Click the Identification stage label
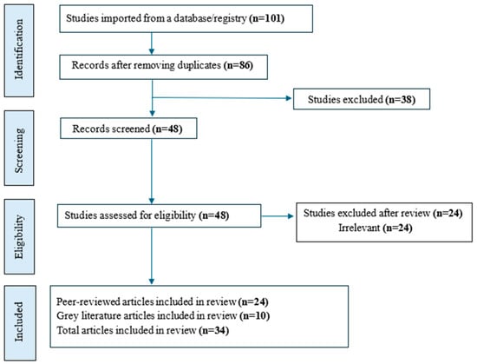(x=19, y=49)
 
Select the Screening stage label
(x=19, y=150)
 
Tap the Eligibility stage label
(x=19, y=236)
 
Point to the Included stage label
(x=19, y=321)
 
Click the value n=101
(x=267, y=18)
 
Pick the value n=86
(x=238, y=65)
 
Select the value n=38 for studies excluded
(x=401, y=99)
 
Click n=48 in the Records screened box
(x=167, y=129)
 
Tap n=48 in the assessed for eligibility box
(x=214, y=215)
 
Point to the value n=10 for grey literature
(x=255, y=316)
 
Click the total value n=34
(x=214, y=330)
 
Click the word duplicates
(x=199, y=65)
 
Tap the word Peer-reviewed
(x=88, y=301)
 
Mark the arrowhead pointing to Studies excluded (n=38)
(x=289, y=98)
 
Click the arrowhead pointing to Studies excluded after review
(x=291, y=216)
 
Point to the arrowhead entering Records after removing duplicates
(x=152, y=51)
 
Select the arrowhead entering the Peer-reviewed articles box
(x=152, y=281)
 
